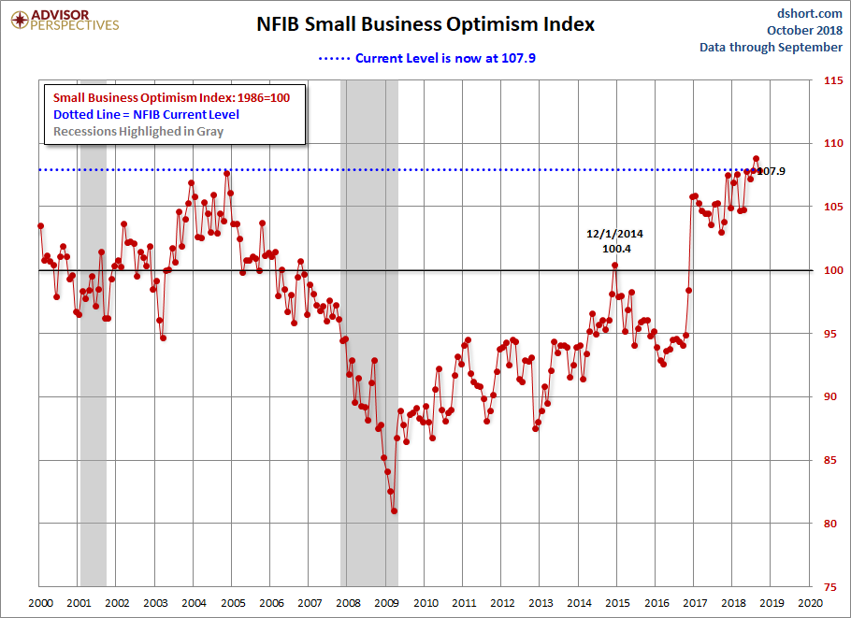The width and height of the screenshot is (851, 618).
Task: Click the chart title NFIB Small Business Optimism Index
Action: pyautogui.click(x=425, y=24)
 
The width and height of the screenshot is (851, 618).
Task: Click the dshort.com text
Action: pyautogui.click(x=811, y=13)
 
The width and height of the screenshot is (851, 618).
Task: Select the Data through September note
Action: pyautogui.click(x=771, y=47)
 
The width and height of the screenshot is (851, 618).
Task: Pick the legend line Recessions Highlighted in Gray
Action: pyautogui.click(x=138, y=131)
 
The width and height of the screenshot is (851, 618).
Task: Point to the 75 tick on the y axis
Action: pyautogui.click(x=827, y=586)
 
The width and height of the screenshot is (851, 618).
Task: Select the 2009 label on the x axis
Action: pyautogui.click(x=387, y=604)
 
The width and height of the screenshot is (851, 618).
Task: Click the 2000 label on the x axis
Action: pyautogui.click(x=39, y=604)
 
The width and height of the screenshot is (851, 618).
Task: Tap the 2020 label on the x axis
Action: pyautogui.click(x=811, y=604)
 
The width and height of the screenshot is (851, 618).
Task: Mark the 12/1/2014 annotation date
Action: pyautogui.click(x=615, y=234)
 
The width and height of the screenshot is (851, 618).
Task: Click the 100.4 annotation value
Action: pyautogui.click(x=615, y=249)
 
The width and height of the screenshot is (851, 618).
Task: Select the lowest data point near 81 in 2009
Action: pyautogui.click(x=395, y=510)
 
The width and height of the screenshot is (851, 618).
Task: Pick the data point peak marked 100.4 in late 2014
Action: pyautogui.click(x=615, y=265)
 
